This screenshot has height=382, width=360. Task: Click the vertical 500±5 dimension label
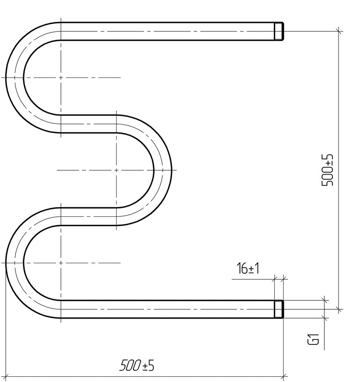327,170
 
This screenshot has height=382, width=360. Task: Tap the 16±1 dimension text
248,268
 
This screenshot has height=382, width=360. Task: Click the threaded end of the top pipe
279,31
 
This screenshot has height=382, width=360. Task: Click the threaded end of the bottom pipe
279,309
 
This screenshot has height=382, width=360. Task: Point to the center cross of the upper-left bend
60,77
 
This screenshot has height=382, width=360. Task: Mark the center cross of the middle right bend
116,170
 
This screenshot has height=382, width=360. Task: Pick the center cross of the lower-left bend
60,263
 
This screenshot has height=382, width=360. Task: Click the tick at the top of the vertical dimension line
338,31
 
